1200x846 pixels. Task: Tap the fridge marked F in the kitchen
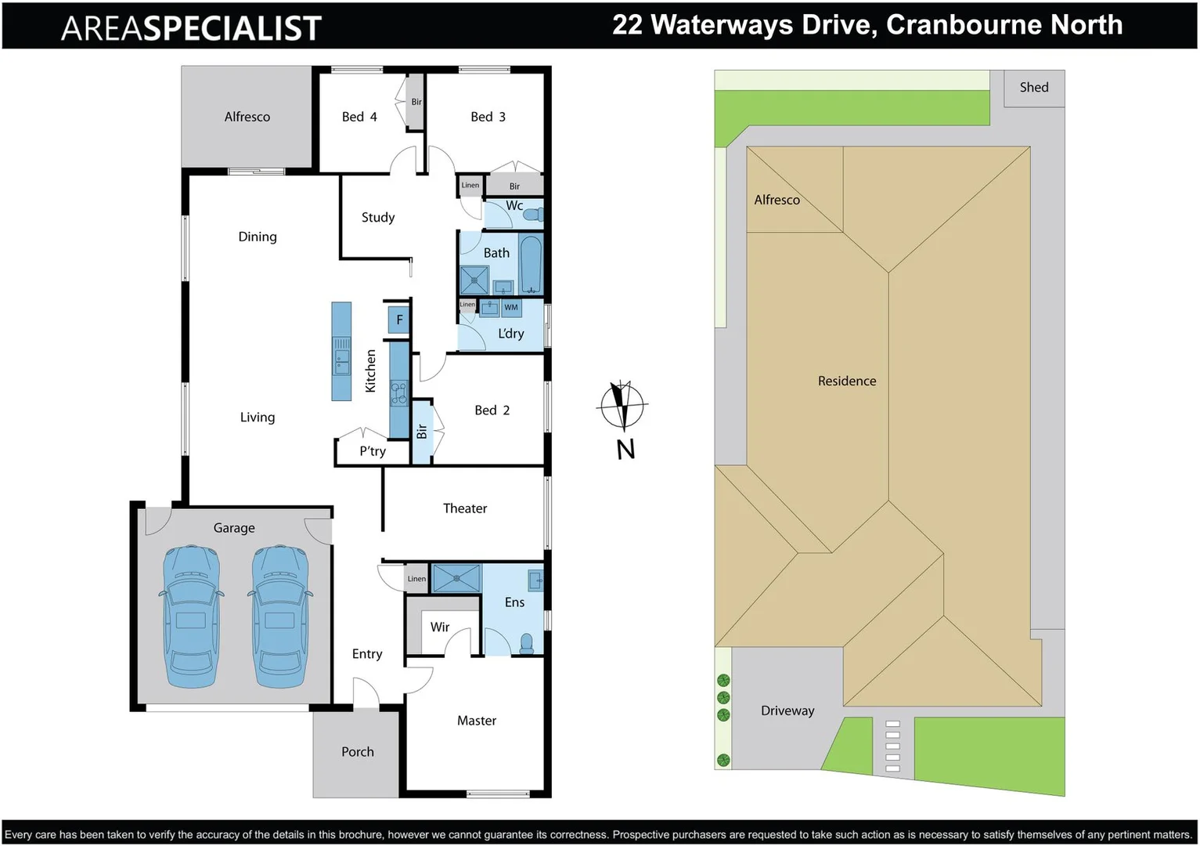click(399, 320)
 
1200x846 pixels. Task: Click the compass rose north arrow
click(622, 406)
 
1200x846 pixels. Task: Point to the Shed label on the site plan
click(1033, 88)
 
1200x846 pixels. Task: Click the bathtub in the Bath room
click(531, 264)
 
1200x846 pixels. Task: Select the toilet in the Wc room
click(533, 213)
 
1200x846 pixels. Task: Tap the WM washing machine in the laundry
click(511, 308)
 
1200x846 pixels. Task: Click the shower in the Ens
click(456, 578)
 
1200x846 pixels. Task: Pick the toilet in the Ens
click(527, 644)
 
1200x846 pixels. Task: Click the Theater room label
click(465, 508)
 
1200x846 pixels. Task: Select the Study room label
click(378, 218)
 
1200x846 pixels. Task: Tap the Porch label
click(358, 752)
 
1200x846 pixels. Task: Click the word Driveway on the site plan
click(787, 710)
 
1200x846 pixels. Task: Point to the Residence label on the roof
click(847, 381)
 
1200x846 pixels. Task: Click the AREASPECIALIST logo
click(192, 28)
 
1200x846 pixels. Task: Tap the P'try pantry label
click(373, 451)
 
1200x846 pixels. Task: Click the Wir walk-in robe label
click(440, 627)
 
